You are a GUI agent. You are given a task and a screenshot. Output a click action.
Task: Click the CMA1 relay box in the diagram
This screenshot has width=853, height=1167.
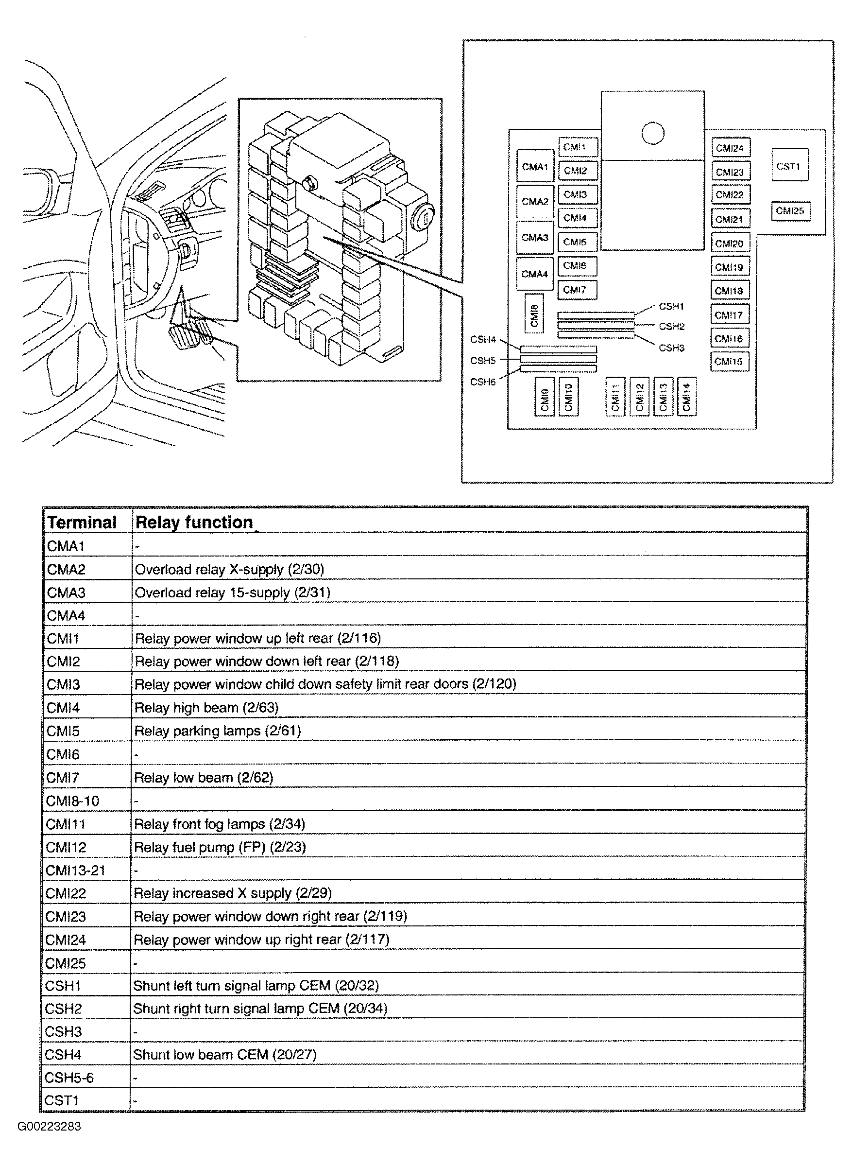coord(535,166)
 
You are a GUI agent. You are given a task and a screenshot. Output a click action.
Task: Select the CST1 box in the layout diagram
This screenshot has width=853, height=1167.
coord(789,165)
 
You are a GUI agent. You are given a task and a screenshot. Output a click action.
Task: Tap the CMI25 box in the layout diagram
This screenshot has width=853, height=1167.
coord(790,211)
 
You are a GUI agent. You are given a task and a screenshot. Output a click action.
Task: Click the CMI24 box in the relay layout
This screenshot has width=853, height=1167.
coord(730,148)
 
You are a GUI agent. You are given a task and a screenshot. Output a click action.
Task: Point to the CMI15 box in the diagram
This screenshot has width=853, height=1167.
coord(729,362)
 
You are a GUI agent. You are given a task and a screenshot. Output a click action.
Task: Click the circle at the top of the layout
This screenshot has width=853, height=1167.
coord(653,133)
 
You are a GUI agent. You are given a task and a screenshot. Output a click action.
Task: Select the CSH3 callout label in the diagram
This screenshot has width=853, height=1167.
coord(671,348)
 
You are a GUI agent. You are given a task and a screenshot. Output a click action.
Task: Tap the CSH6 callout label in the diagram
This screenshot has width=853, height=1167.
coord(483,382)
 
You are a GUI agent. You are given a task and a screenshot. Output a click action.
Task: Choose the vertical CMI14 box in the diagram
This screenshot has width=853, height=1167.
coord(686,397)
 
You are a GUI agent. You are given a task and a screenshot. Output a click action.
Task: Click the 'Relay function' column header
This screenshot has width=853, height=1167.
coord(194,523)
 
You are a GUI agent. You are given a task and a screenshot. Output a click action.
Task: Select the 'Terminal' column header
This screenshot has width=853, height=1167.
coord(82,523)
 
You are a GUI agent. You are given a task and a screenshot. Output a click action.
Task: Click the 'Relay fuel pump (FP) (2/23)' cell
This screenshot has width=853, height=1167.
coord(220,847)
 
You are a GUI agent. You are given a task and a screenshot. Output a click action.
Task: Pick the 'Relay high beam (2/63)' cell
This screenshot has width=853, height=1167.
coord(206,707)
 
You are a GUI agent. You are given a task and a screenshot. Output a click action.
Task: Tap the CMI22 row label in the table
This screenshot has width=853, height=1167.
coord(66,893)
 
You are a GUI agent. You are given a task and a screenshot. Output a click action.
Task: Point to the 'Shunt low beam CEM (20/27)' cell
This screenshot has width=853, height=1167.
coord(225,1054)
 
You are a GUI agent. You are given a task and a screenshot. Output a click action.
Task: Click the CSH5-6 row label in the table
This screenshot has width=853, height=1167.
coord(69,1078)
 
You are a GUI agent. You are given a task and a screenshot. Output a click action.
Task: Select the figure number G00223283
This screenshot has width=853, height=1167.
coord(50,1127)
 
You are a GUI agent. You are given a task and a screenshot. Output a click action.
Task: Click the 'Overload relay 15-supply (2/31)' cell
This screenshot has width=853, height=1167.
coord(232,592)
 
